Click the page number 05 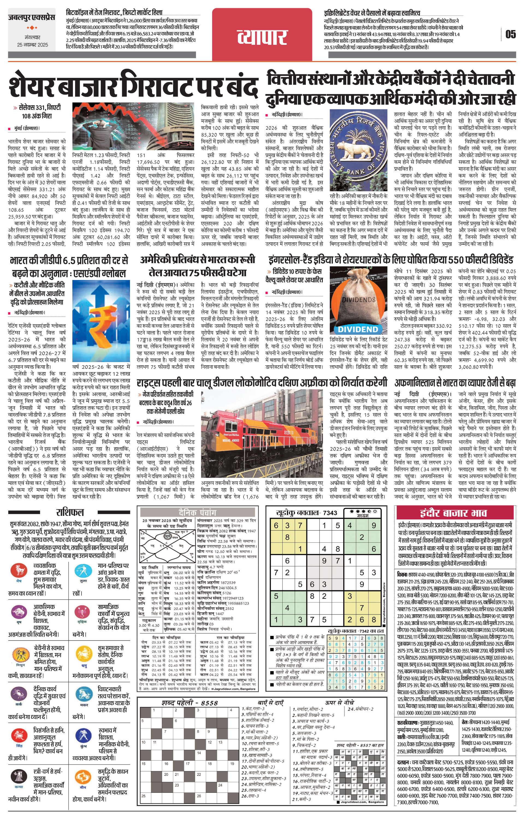click(x=510, y=34)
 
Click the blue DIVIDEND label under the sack click(x=358, y=330)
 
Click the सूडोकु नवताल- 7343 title click(x=307, y=513)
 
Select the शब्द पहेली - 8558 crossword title click(x=190, y=703)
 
